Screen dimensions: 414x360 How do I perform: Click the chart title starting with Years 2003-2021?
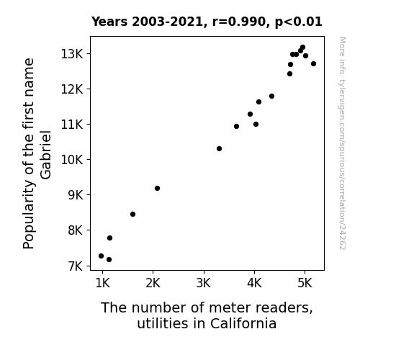207,22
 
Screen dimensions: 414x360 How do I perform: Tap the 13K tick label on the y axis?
72,54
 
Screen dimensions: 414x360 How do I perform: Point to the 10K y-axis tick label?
72,160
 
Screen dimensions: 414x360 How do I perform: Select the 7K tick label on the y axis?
76,266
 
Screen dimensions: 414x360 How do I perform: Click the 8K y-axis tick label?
76,230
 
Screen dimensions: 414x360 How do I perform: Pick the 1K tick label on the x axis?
102,283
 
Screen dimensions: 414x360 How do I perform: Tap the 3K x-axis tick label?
204,283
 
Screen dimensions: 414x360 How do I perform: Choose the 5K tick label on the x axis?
305,283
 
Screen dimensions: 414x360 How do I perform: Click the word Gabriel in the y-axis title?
45,155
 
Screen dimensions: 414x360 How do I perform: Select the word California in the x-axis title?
243,323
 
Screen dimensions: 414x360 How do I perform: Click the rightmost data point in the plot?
313,63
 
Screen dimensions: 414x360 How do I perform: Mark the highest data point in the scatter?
302,48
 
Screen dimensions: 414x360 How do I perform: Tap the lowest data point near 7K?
109,260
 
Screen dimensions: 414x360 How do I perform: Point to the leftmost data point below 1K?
101,256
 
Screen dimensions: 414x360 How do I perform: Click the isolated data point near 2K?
157,189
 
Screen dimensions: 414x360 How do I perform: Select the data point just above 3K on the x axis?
219,149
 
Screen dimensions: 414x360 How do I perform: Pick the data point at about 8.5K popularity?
132,215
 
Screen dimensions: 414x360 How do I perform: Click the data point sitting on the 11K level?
256,124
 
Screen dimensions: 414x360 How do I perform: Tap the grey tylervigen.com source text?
343,143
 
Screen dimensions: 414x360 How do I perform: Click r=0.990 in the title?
239,22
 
